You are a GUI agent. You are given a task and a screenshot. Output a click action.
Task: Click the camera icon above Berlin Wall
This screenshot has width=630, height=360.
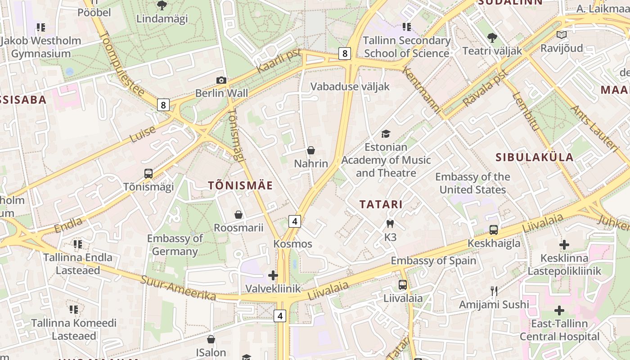(x=221, y=80)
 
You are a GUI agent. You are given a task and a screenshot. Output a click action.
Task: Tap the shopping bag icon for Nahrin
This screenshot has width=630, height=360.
(x=310, y=150)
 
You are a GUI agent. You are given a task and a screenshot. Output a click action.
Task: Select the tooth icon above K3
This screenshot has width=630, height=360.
(x=390, y=224)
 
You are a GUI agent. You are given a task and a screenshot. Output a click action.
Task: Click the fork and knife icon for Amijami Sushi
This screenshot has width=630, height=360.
(x=494, y=291)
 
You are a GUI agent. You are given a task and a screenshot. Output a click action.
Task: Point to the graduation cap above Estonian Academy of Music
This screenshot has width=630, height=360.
(x=386, y=134)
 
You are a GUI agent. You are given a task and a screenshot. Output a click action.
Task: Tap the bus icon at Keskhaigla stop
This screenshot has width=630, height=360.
(x=494, y=230)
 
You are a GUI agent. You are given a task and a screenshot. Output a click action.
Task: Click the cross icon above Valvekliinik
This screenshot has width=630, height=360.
(x=273, y=275)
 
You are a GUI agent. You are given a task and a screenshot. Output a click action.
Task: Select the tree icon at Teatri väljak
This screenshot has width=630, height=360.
(x=492, y=37)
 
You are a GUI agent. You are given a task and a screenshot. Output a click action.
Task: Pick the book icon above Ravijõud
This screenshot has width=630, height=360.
(x=561, y=35)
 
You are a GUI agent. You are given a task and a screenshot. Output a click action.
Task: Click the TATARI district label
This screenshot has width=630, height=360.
(x=381, y=204)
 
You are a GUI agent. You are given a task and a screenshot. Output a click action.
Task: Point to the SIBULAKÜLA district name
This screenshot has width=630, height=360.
(x=535, y=157)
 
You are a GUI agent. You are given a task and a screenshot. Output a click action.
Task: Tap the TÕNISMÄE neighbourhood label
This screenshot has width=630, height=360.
(x=240, y=185)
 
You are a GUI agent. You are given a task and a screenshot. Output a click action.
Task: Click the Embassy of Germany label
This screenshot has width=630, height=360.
(x=175, y=245)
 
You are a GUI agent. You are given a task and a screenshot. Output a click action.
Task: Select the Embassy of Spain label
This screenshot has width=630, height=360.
(x=433, y=261)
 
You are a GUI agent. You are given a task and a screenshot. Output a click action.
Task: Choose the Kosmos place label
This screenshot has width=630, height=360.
(x=292, y=244)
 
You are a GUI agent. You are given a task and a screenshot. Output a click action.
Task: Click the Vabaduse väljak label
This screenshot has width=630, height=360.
(x=350, y=86)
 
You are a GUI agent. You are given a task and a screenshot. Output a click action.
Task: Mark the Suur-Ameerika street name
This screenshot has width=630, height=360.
(x=178, y=288)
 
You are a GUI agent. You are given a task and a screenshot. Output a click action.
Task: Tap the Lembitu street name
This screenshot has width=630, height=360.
(x=526, y=112)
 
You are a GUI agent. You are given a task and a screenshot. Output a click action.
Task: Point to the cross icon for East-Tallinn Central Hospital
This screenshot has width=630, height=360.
(x=559, y=310)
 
